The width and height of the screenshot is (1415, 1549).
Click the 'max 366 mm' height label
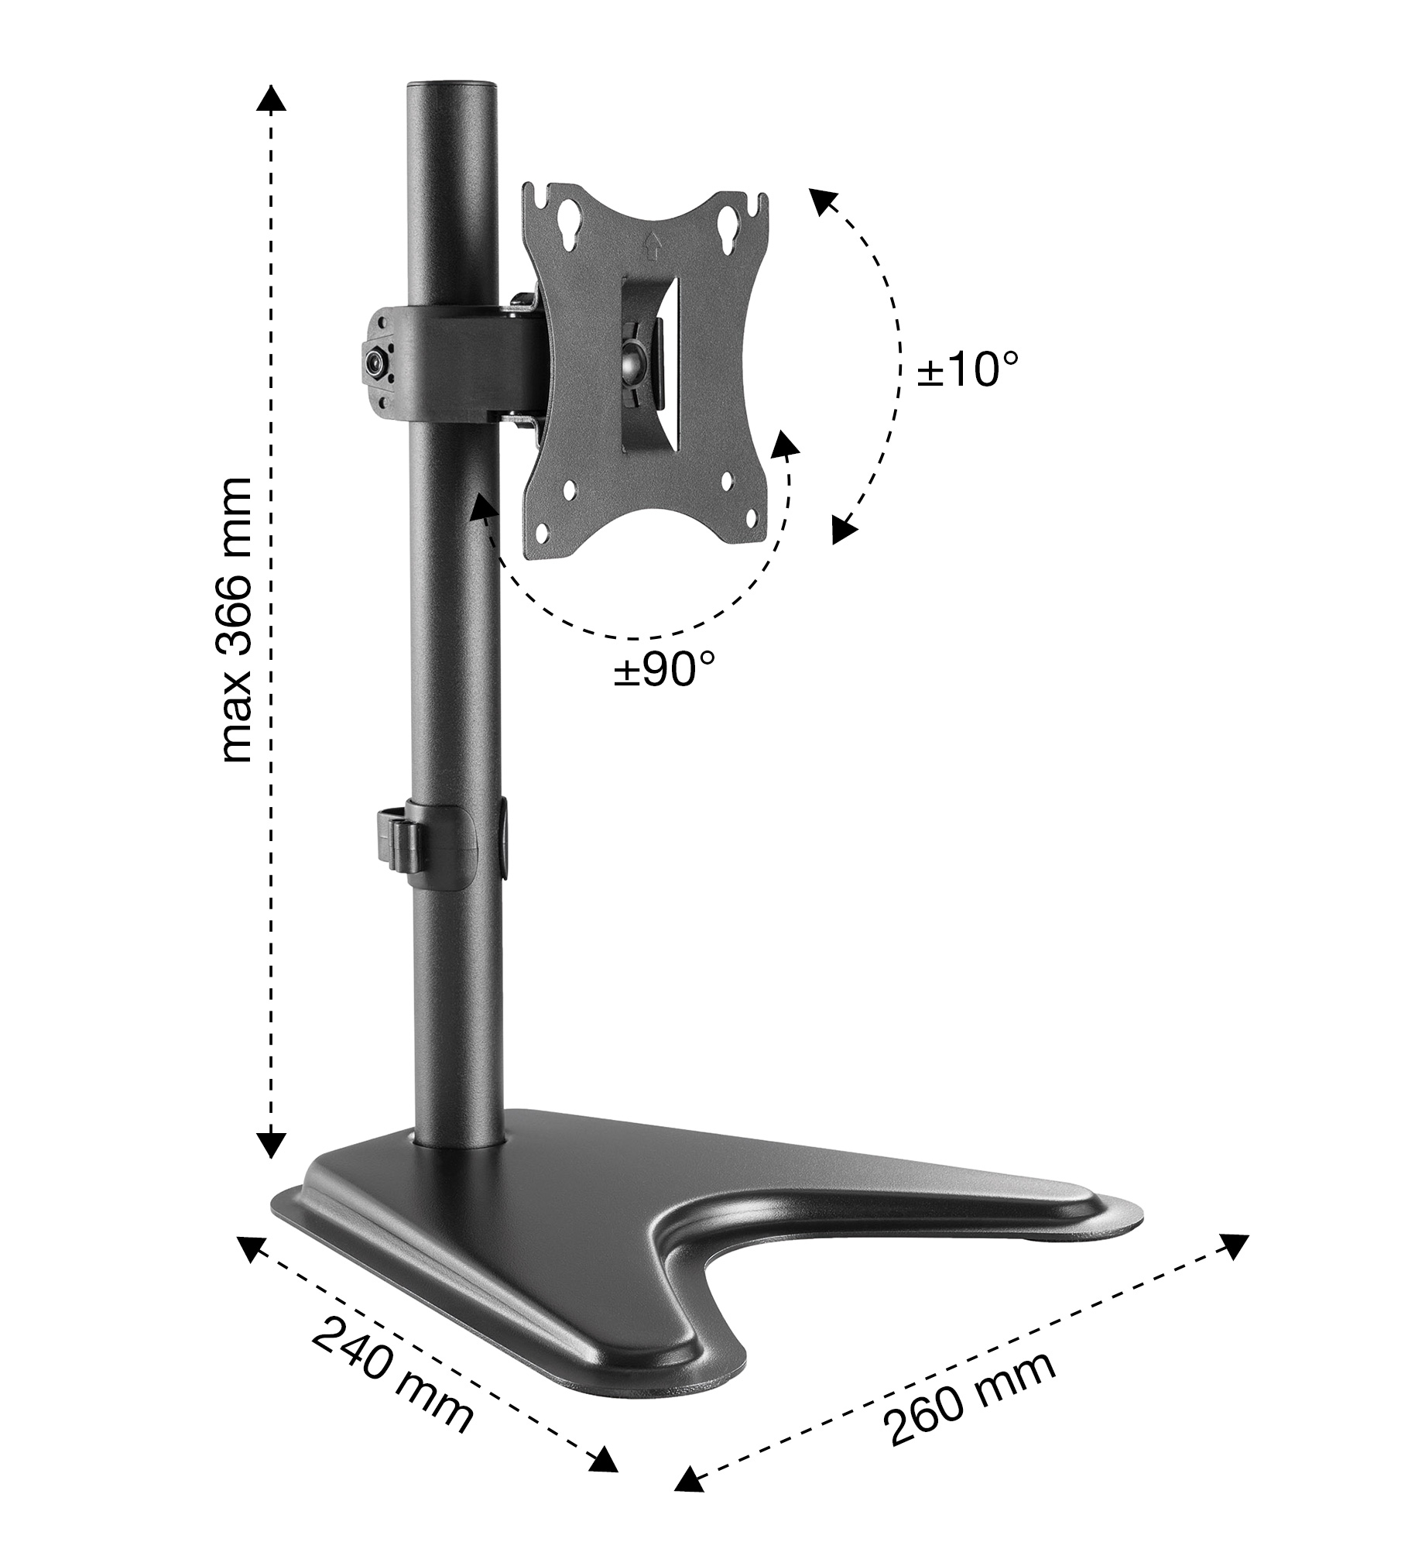pyautogui.click(x=236, y=620)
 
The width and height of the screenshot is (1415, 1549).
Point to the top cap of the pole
pyautogui.click(x=451, y=81)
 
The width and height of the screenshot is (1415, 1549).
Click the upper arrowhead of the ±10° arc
pyautogui.click(x=823, y=204)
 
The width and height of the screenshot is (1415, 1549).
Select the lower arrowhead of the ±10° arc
pyautogui.click(x=842, y=530)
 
